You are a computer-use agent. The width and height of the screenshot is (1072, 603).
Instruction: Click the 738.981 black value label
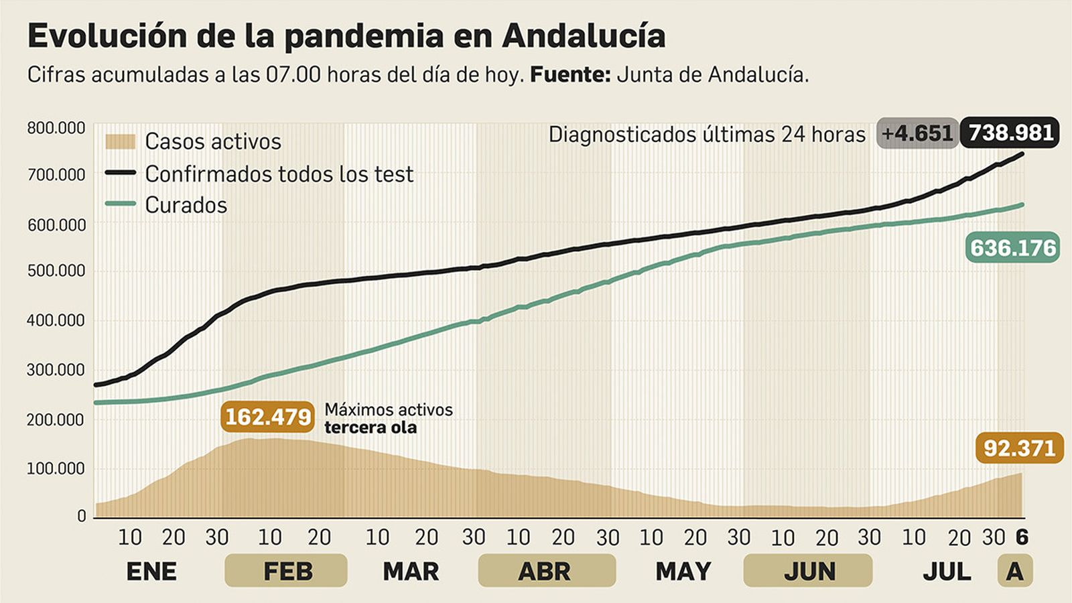click(x=1010, y=133)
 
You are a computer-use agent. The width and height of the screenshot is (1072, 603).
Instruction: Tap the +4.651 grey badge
click(x=917, y=133)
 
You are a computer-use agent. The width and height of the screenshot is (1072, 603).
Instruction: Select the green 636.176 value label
click(x=1013, y=248)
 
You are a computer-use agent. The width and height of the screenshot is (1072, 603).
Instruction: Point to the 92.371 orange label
click(x=1019, y=448)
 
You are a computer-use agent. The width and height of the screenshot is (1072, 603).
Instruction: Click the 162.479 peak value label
click(x=267, y=417)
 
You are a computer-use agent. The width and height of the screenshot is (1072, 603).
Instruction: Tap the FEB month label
click(x=287, y=572)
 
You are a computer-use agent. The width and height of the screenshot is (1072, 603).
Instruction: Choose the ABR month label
click(x=545, y=572)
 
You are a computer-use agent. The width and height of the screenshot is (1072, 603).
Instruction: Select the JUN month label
click(x=809, y=572)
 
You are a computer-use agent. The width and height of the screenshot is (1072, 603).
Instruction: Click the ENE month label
click(x=151, y=572)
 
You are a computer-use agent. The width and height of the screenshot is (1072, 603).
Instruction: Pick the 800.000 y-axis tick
click(x=56, y=128)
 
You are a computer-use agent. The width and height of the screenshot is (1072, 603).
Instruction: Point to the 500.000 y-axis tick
click(x=56, y=271)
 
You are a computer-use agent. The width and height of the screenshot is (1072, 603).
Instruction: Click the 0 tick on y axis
click(x=81, y=516)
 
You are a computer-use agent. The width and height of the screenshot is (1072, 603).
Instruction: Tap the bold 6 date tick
click(x=1022, y=537)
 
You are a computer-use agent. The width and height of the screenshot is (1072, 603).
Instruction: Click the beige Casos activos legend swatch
click(x=120, y=141)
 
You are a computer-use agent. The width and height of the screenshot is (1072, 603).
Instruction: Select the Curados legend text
click(x=186, y=205)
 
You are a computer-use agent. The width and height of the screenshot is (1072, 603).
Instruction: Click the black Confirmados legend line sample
click(x=120, y=173)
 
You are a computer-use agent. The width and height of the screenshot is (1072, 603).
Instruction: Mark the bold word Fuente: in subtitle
click(x=570, y=74)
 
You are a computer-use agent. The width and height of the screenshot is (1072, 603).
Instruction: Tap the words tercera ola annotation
click(x=371, y=427)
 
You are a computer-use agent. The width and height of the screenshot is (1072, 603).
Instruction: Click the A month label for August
click(x=1014, y=572)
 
